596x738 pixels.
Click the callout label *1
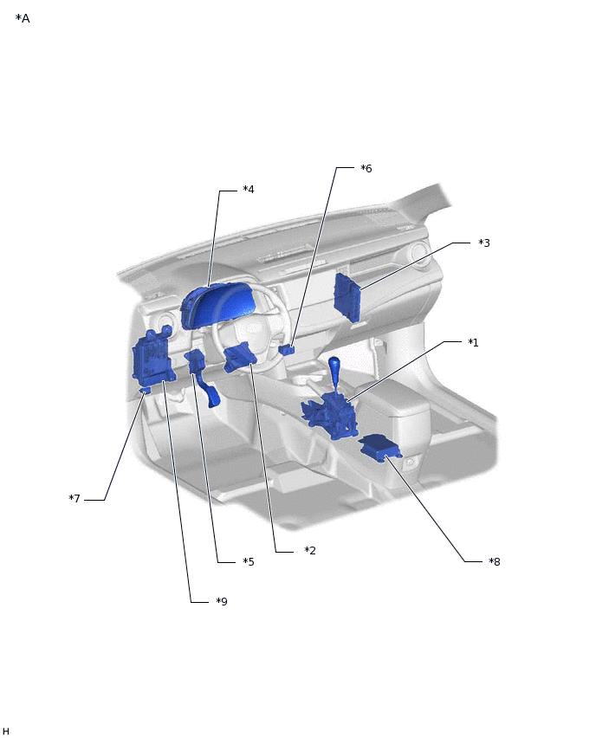click(x=473, y=343)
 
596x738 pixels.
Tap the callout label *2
click(x=310, y=550)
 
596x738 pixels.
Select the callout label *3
click(x=484, y=243)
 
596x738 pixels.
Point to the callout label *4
click(x=248, y=189)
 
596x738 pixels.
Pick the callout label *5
click(x=248, y=561)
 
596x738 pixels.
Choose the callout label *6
click(x=366, y=169)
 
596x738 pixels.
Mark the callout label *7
click(x=74, y=498)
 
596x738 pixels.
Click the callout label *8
click(x=495, y=561)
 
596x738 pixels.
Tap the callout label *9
click(x=221, y=601)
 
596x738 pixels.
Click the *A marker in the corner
click(x=23, y=18)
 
